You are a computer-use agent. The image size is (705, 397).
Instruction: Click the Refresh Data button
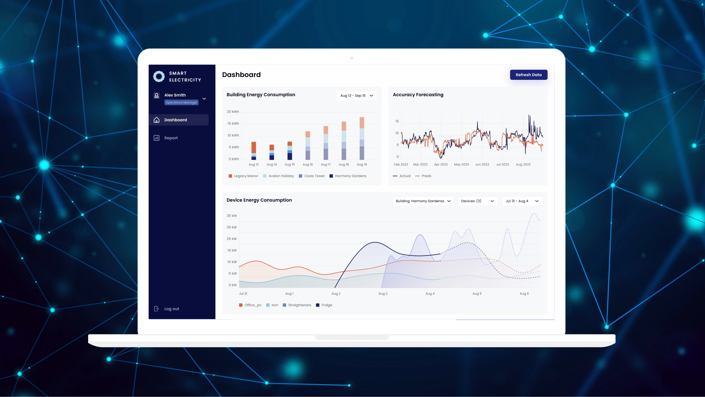[x=528, y=75]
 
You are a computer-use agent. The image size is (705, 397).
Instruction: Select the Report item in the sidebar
[x=171, y=138]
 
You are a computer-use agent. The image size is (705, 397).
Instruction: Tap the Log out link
[x=171, y=309]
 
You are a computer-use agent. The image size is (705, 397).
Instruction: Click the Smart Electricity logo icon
[x=159, y=76]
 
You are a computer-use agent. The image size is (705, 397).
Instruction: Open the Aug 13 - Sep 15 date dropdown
[x=357, y=96]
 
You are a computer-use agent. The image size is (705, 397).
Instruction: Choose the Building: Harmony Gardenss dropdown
[x=423, y=201]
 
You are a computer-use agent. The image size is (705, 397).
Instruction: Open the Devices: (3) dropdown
[x=477, y=201]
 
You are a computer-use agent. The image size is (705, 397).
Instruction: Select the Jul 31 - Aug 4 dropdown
[x=522, y=201]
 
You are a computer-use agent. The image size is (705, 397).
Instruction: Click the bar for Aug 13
[x=253, y=151]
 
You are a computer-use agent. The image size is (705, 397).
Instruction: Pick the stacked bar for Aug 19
[x=362, y=139]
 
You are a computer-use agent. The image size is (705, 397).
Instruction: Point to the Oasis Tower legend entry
[x=312, y=176]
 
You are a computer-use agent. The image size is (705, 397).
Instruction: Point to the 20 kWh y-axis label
[x=233, y=112]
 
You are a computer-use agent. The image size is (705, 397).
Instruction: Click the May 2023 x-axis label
[x=461, y=165]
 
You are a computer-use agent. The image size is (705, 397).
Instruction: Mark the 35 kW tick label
[x=232, y=215]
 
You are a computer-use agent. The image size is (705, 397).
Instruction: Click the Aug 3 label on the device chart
[x=383, y=293]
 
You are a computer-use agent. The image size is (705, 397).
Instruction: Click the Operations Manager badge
[x=181, y=103]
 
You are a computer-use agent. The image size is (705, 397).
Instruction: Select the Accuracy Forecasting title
[x=418, y=95]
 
